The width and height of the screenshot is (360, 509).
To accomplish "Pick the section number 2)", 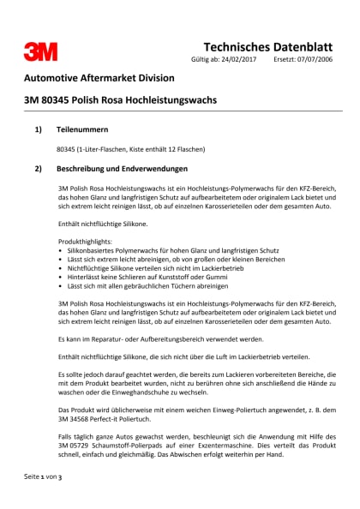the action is pyautogui.click(x=38, y=169).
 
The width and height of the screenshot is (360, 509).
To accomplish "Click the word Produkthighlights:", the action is pyautogui.click(x=85, y=241).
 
